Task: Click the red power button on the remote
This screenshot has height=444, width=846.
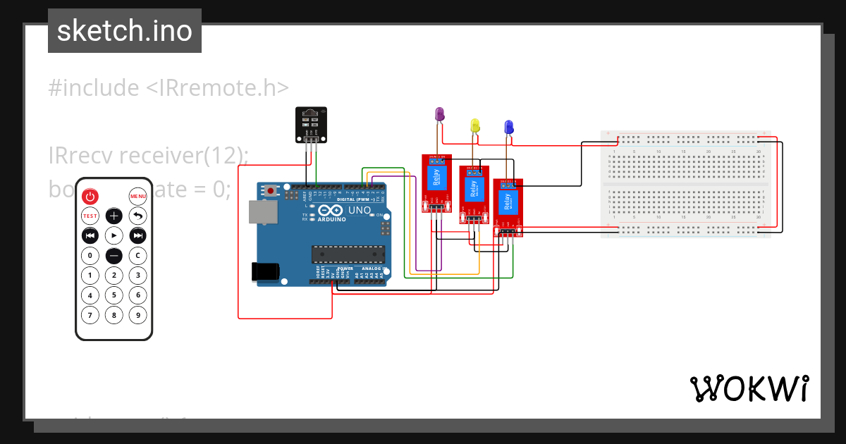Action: [90, 196]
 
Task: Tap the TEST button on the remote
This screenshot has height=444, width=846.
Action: [90, 216]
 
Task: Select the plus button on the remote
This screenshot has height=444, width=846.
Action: [114, 216]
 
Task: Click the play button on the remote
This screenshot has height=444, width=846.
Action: [114, 235]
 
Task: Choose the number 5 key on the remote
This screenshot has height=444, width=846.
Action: [114, 295]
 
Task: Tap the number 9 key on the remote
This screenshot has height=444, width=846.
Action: [138, 315]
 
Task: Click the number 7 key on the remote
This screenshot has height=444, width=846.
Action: [90, 315]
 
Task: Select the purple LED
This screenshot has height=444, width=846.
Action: [439, 114]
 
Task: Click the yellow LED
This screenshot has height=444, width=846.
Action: [475, 125]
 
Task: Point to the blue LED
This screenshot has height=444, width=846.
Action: [508, 127]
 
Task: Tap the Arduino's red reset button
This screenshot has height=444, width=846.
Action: [271, 190]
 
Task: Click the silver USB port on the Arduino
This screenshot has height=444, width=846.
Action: [263, 212]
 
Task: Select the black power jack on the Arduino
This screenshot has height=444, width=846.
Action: [266, 272]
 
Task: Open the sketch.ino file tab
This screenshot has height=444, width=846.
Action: [125, 31]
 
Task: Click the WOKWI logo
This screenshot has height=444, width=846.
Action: [749, 388]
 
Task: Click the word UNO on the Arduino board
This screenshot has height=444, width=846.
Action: [360, 211]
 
